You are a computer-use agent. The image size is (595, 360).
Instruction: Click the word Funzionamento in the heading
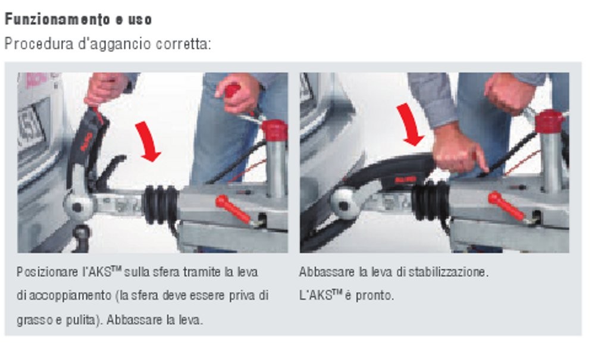55,20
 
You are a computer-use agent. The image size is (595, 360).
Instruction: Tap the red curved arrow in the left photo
148,142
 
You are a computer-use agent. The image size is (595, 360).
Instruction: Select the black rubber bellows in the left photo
161,204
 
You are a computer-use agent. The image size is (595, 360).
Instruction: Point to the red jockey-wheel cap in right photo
549,121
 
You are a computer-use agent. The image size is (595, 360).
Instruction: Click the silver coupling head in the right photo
347,202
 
